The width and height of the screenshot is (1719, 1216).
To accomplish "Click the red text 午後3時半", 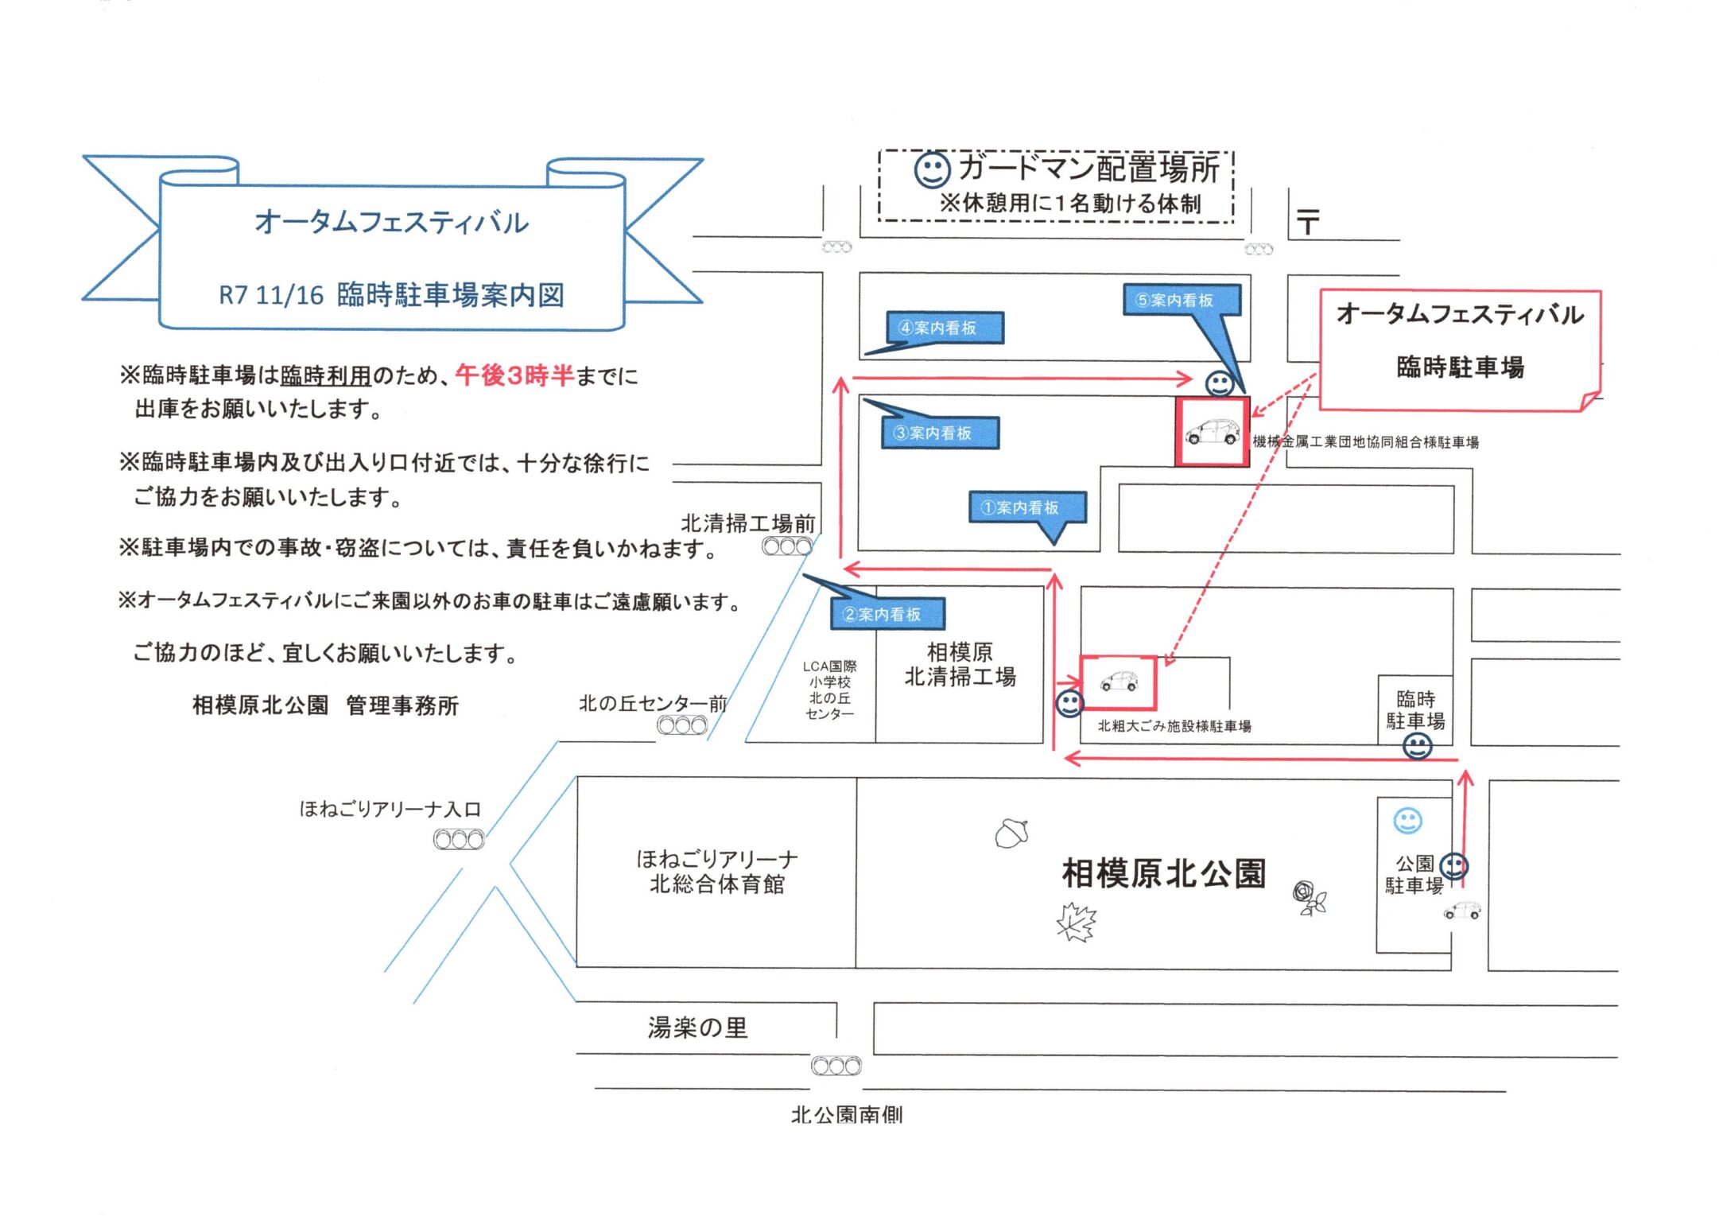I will (514, 375).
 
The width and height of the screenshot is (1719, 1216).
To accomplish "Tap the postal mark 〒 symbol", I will (1308, 221).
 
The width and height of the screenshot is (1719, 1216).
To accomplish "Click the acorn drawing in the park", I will (1012, 833).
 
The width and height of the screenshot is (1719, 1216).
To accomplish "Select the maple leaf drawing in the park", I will (1077, 923).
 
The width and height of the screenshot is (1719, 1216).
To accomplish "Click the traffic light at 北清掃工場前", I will (787, 547).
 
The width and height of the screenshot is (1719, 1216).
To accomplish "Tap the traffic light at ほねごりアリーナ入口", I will (459, 839).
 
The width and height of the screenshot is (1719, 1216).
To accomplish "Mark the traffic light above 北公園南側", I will (836, 1066).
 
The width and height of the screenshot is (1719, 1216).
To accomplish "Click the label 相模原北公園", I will (1164, 873).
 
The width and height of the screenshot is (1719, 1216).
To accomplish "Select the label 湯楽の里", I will (697, 1028).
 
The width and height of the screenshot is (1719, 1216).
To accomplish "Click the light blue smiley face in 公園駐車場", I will (1407, 821).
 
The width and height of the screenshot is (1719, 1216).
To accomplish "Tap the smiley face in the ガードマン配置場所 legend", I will (932, 169).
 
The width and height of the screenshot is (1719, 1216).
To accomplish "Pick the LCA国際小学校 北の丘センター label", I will (829, 690).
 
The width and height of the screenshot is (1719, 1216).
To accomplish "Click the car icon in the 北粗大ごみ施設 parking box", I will (1119, 682).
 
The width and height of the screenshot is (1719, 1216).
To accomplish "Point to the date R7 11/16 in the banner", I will (271, 296).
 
